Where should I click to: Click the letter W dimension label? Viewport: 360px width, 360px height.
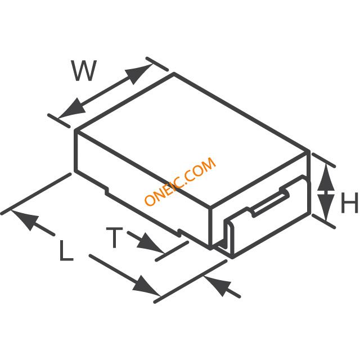pyautogui.click(x=84, y=71)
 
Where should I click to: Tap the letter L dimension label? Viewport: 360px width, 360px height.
pyautogui.click(x=66, y=250)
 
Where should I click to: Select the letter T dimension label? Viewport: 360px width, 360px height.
pyautogui.click(x=114, y=237)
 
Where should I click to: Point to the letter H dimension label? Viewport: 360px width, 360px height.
pyautogui.click(x=349, y=202)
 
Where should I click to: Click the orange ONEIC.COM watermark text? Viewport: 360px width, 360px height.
pyautogui.click(x=181, y=181)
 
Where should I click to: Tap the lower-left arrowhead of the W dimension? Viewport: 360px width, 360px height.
pyautogui.click(x=71, y=109)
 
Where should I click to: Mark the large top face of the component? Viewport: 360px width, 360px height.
pyautogui.click(x=192, y=139)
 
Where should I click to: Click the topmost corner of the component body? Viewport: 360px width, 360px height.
pyautogui.click(x=174, y=73)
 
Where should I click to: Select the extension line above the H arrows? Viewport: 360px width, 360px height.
pyautogui.click(x=323, y=160)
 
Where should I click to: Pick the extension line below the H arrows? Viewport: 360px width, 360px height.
pyautogui.click(x=323, y=221)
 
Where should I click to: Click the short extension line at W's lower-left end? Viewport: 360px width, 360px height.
pyautogui.click(x=58, y=120)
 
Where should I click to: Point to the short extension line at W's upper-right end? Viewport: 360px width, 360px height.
pyautogui.click(x=157, y=64)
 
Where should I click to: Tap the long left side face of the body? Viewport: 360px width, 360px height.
pyautogui.click(x=143, y=189)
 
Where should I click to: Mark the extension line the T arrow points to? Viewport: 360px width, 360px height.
pyautogui.click(x=172, y=251)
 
